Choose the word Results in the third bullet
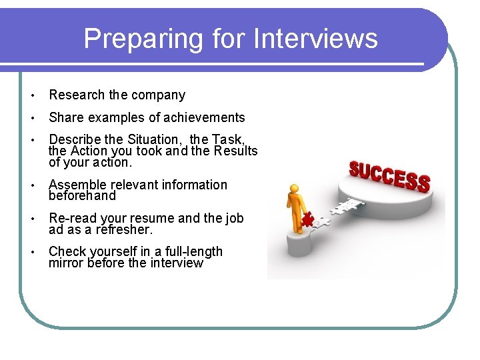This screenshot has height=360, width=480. (x=234, y=151)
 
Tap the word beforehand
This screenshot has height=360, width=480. (x=82, y=196)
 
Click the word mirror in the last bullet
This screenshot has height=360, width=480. (x=66, y=263)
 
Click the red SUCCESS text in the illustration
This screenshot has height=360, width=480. (x=390, y=175)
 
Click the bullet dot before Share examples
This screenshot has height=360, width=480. (x=33, y=118)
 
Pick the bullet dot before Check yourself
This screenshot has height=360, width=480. (x=33, y=252)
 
